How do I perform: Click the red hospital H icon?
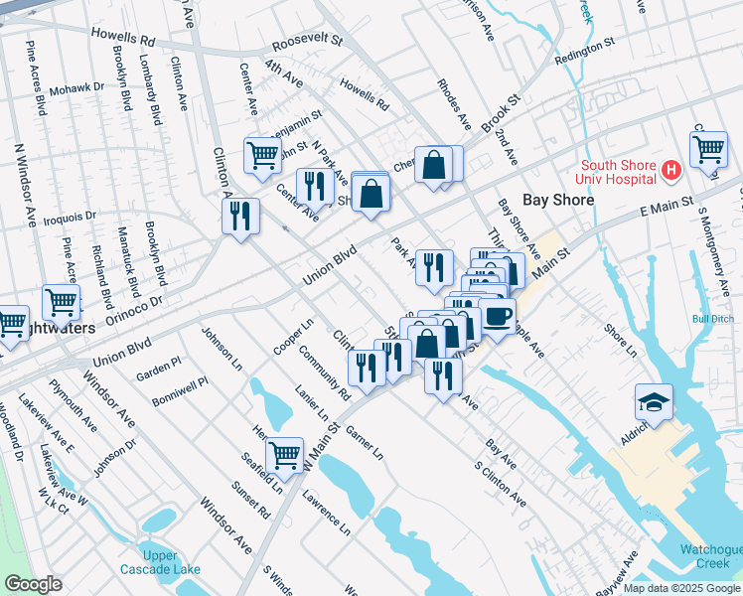click(x=670, y=171)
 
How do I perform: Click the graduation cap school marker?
click(x=655, y=402)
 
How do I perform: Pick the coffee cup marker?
click(x=498, y=316)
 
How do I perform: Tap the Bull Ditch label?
click(x=712, y=319)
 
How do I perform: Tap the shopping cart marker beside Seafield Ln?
click(x=285, y=454)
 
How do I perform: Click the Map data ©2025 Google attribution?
click(x=681, y=588)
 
